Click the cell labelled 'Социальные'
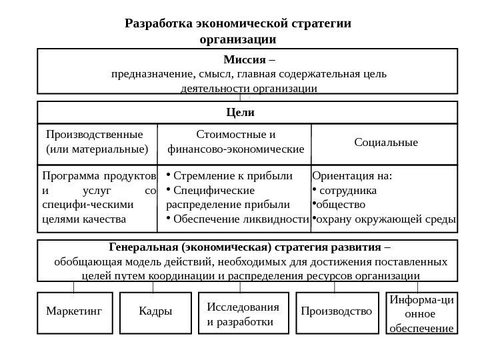pyautogui.click(x=385, y=143)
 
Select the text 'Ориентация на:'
pyautogui.click(x=353, y=177)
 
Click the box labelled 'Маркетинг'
pyautogui.click(x=74, y=311)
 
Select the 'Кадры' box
pyautogui.click(x=155, y=311)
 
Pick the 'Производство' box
pyautogui.click(x=336, y=311)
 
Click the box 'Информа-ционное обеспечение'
pyautogui.click(x=421, y=313)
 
